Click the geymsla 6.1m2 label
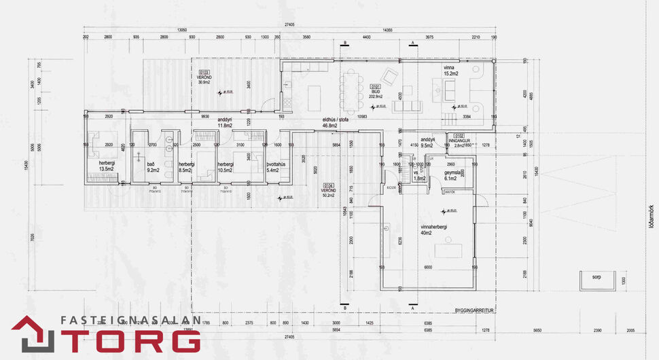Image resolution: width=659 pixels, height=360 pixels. coord(453,175)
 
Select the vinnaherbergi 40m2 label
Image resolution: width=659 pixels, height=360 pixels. coord(432,230)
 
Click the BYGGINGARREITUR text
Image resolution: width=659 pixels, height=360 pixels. coord(473,310)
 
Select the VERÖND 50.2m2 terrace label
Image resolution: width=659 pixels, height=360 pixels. coord(328,188)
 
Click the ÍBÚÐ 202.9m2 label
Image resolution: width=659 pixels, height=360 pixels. coord(376,92)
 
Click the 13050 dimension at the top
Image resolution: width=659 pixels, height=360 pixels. coord(182,30)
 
